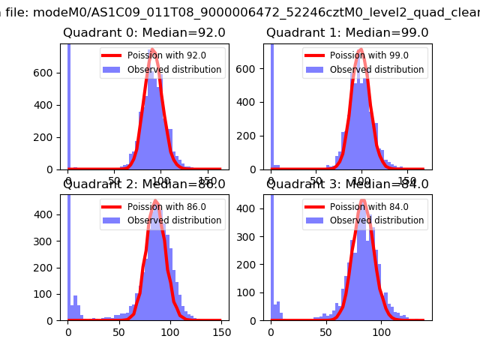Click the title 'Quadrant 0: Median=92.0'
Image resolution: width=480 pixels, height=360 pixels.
(x=144, y=33)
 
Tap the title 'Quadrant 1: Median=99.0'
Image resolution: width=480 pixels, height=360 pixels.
(x=347, y=33)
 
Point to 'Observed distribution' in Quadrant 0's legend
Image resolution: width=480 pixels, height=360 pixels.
(x=174, y=70)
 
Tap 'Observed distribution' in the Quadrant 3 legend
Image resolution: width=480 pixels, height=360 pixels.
(x=376, y=220)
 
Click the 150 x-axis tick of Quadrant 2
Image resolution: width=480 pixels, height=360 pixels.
(x=220, y=331)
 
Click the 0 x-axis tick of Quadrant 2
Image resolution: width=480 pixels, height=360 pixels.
(x=68, y=331)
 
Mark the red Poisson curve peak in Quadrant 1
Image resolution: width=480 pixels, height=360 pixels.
(x=361, y=51)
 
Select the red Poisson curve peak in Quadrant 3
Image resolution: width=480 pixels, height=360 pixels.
(x=363, y=201)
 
